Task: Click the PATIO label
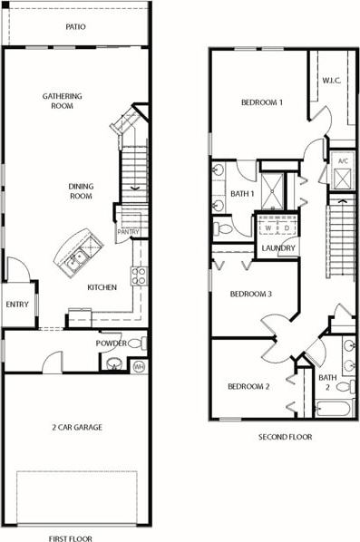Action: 76,27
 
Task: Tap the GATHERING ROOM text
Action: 62,101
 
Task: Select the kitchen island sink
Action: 75,257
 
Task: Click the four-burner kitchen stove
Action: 138,276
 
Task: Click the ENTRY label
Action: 17,305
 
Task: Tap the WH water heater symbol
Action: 138,365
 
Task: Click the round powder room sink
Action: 114,364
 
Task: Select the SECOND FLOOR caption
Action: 284,437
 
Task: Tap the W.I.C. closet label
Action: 332,81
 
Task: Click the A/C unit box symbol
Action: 343,177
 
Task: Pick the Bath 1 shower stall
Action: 271,190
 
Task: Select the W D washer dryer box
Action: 276,226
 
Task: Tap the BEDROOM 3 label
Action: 250,294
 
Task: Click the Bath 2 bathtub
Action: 333,407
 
